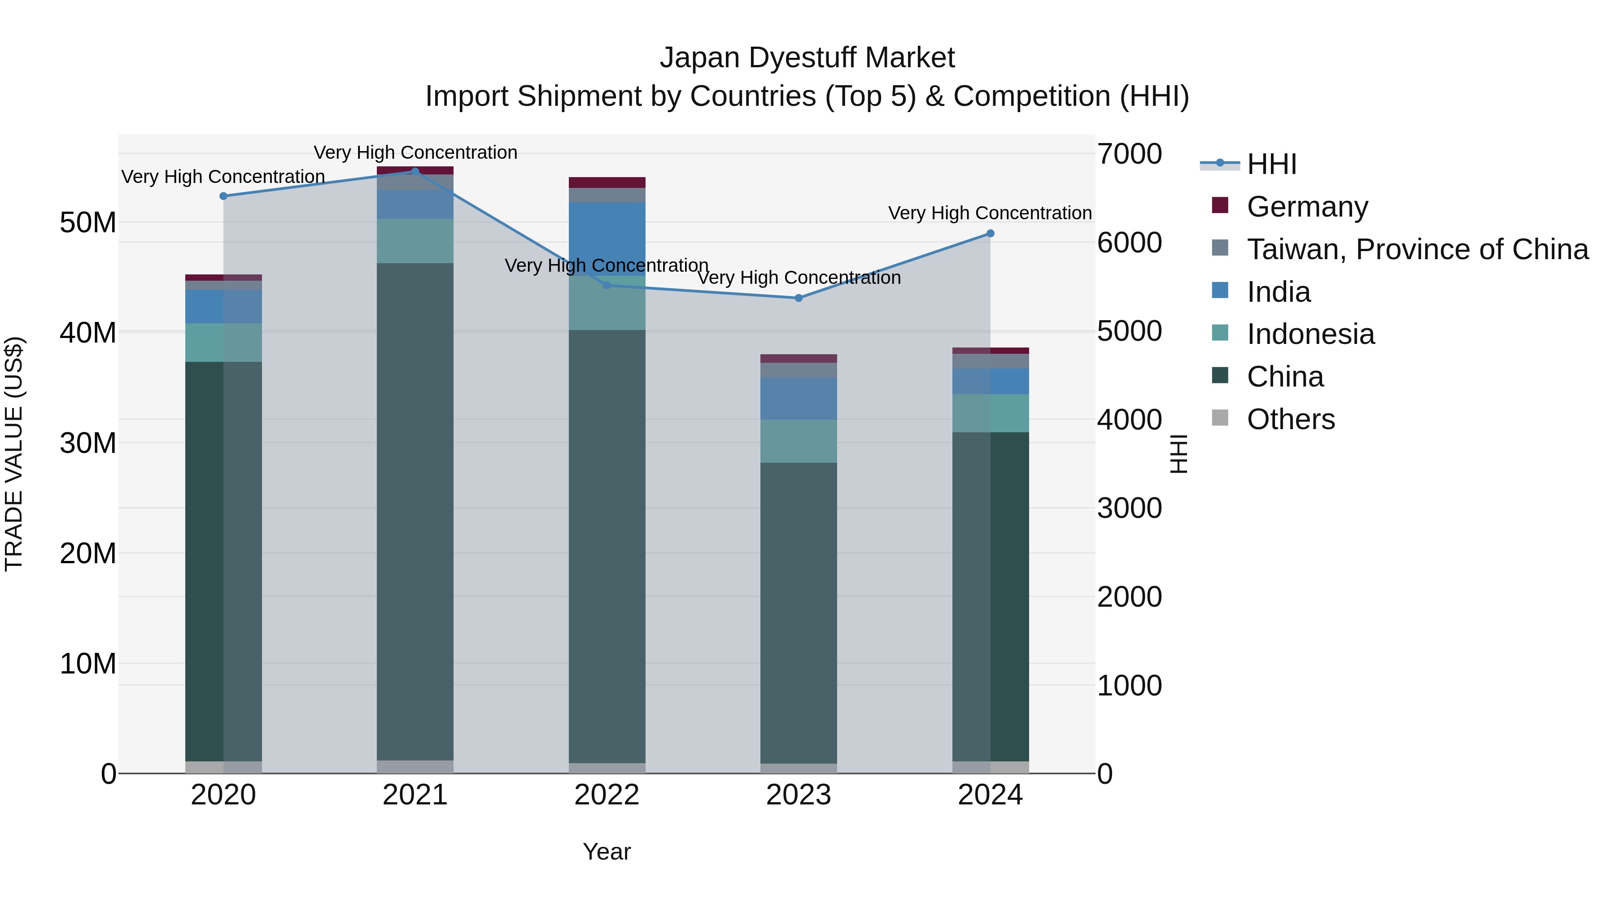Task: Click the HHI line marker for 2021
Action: click(415, 171)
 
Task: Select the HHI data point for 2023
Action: click(798, 298)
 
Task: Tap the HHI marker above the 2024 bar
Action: click(990, 234)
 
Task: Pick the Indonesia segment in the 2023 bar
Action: click(798, 441)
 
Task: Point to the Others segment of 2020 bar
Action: click(223, 767)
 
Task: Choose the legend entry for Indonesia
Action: click(1310, 334)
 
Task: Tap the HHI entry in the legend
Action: click(1271, 164)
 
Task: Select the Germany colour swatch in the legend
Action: click(1220, 205)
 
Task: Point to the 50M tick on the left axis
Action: click(88, 222)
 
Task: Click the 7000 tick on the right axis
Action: click(1129, 154)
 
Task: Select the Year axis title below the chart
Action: click(606, 852)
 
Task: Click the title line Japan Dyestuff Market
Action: click(807, 58)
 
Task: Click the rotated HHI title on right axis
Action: click(1179, 454)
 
